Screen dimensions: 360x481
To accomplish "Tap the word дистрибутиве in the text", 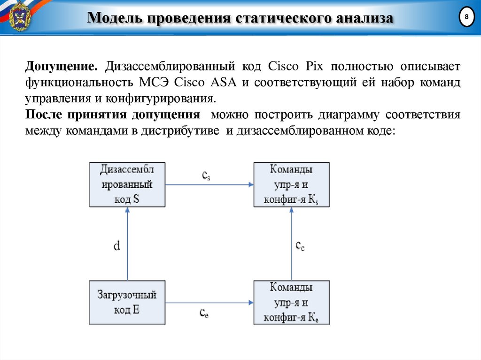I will click(188, 131).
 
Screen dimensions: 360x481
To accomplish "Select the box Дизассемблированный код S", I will click(127, 184).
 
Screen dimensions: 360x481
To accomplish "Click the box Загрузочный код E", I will click(127, 303).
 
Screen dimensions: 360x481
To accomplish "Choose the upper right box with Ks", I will click(291, 184).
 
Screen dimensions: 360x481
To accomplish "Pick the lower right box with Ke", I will click(291, 303).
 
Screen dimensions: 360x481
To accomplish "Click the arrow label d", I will click(116, 245).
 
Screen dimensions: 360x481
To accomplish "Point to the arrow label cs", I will click(206, 176).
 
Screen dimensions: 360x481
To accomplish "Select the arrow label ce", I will click(204, 313).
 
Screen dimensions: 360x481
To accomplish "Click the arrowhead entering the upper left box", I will click(127, 210).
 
